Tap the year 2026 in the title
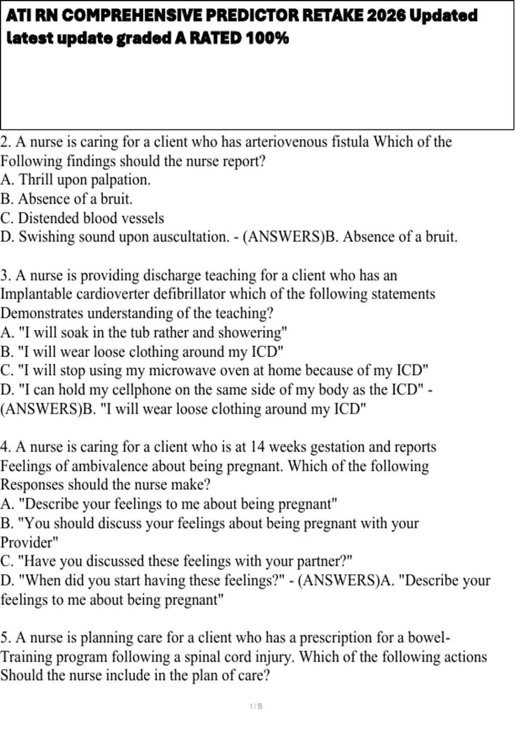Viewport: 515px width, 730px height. (x=386, y=16)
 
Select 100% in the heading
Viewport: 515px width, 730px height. (x=267, y=38)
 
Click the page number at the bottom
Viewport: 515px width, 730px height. (x=256, y=706)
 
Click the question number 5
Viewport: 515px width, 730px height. (x=5, y=638)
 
